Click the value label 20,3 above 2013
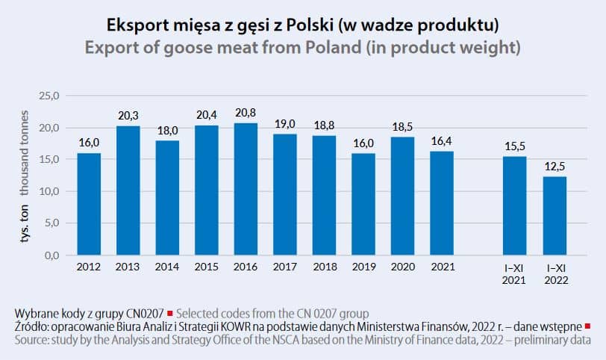(x=128, y=116)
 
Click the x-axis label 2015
(x=207, y=267)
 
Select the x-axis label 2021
(x=443, y=267)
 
